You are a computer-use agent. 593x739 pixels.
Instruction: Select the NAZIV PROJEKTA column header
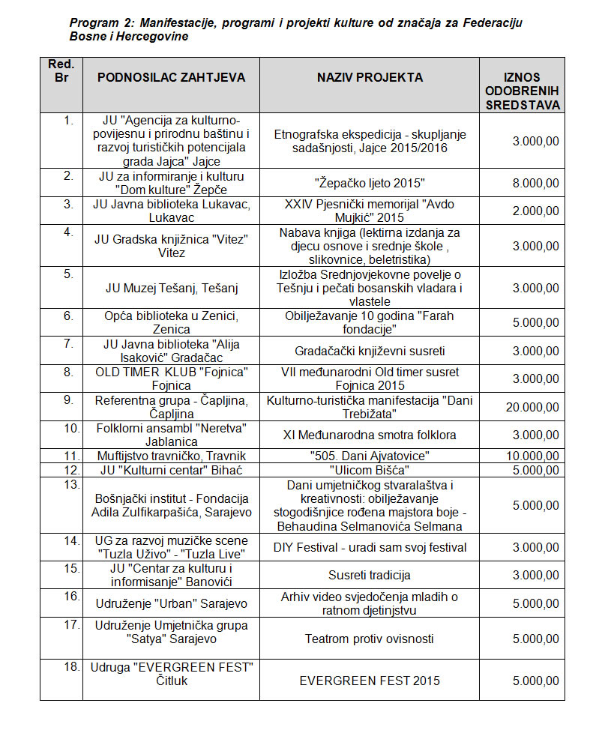coord(370,76)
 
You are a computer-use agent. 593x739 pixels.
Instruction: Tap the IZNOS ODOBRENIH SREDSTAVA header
coord(523,91)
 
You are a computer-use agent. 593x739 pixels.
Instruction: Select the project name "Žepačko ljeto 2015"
coord(370,183)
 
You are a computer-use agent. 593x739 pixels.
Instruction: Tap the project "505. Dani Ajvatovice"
coord(370,456)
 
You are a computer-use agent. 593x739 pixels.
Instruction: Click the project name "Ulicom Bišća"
coord(370,470)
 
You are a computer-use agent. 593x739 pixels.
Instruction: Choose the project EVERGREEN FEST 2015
coord(370,681)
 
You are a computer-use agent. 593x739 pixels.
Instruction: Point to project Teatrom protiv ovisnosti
coord(370,639)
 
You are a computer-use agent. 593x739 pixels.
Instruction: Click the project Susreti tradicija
coord(370,576)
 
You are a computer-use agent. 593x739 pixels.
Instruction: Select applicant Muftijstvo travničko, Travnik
coord(171,456)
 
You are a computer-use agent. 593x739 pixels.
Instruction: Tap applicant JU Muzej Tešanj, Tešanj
coord(171,288)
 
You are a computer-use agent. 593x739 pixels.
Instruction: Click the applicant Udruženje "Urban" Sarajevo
coord(171,603)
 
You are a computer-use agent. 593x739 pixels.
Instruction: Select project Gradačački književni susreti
coord(370,351)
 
